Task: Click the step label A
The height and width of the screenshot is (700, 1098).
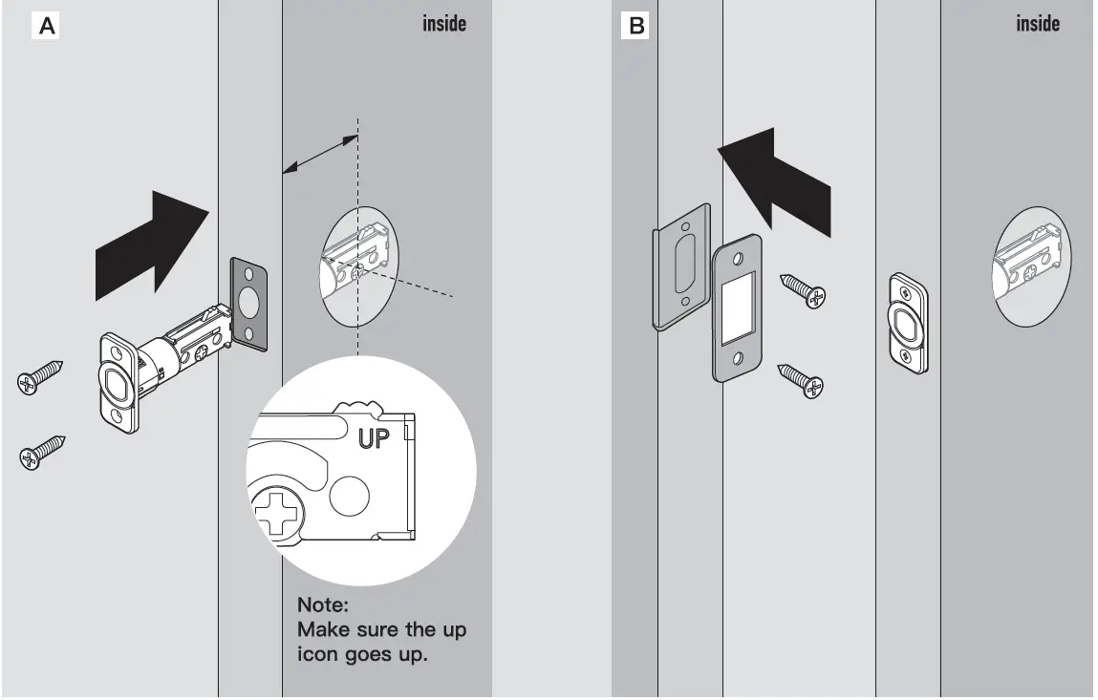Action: [46, 27]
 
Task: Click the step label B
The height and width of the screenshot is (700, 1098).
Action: [635, 27]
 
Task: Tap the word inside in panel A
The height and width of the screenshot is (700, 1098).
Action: [444, 23]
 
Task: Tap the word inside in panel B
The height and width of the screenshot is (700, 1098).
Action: [1038, 23]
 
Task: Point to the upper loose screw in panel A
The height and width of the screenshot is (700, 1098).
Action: [40, 375]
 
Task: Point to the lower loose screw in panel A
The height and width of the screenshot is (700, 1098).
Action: [41, 451]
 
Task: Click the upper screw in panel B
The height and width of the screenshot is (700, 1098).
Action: [803, 289]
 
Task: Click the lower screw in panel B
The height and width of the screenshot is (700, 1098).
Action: [802, 378]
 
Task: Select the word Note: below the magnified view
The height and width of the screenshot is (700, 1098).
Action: [323, 605]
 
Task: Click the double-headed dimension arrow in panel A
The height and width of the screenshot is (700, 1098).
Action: [320, 155]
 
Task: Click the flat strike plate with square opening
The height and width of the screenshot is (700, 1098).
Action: [737, 308]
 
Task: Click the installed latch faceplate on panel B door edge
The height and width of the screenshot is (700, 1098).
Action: [908, 323]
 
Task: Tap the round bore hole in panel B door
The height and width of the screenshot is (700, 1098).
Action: [1032, 265]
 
